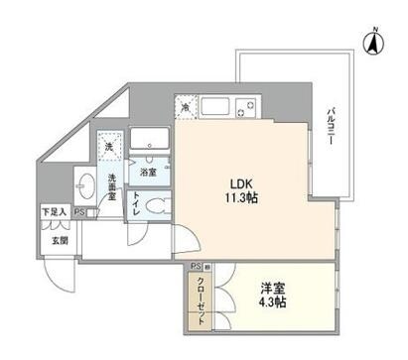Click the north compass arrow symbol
coord(374,43)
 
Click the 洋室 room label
coord(272,289)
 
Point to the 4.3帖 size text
coord(272,303)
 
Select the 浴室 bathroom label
coord(146,172)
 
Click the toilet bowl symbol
coord(151,205)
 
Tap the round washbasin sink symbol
coord(84,185)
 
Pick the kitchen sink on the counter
coord(214,105)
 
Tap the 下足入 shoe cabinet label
coord(54,212)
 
